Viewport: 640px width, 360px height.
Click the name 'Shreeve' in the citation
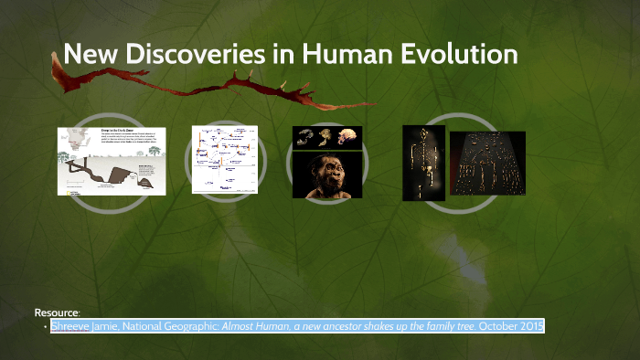tap(70, 326)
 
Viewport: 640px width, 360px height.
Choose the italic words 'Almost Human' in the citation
tap(250, 326)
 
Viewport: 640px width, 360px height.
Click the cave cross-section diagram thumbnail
tap(112, 160)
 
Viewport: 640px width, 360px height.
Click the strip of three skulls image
tap(326, 137)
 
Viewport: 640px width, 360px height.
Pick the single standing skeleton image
tap(423, 163)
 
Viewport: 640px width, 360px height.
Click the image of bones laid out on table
tap(494, 164)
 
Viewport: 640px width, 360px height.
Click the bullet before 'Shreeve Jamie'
tap(45, 327)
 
